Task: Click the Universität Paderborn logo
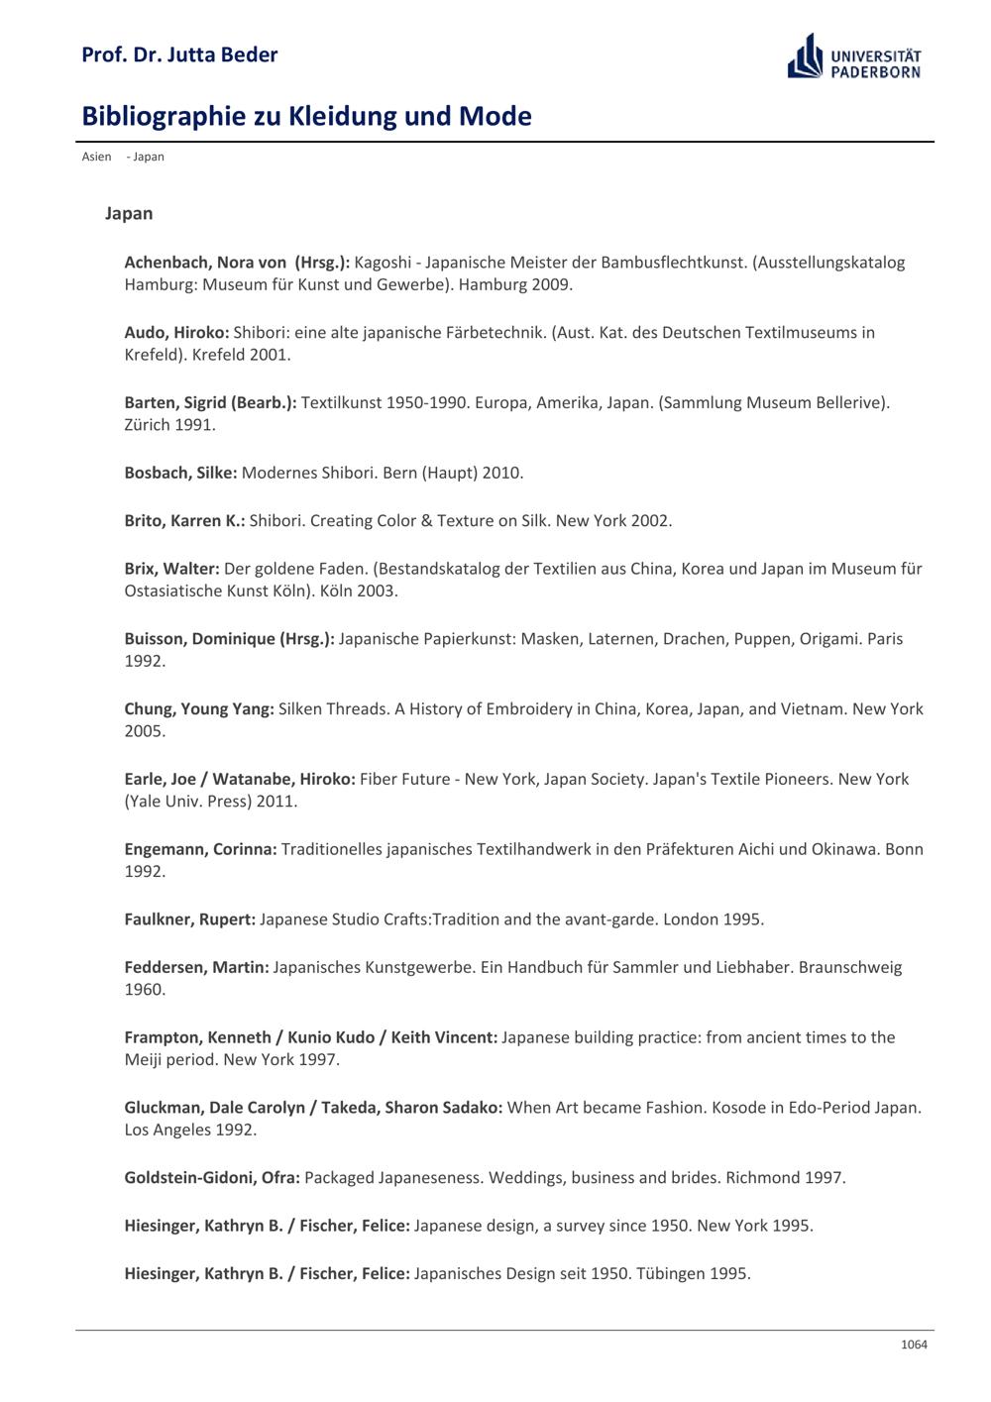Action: (x=854, y=56)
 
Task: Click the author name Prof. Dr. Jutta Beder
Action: (x=179, y=54)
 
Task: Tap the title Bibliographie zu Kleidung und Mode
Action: (x=306, y=116)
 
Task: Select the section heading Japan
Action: (x=129, y=213)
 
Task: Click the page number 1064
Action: (x=914, y=1345)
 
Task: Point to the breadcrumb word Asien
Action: (x=96, y=157)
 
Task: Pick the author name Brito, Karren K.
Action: (x=184, y=521)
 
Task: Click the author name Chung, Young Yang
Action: (x=198, y=709)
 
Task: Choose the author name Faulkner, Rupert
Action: (x=189, y=919)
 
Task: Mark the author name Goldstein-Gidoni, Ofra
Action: (x=212, y=1178)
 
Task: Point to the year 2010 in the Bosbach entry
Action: (x=501, y=473)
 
